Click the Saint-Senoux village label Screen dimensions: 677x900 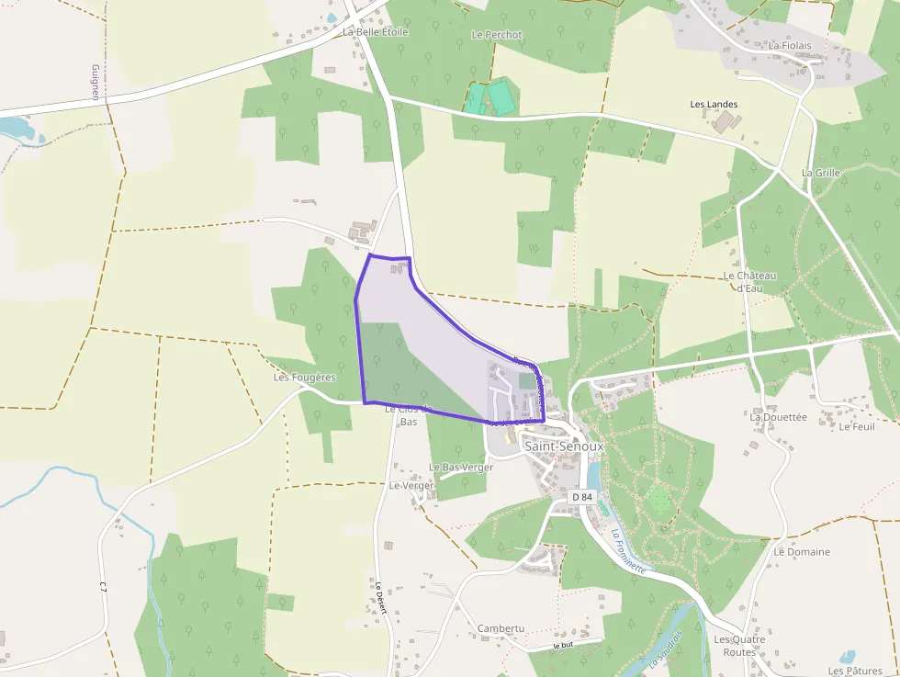(564, 446)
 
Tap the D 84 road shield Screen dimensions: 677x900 (582, 497)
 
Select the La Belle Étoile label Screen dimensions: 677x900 (375, 32)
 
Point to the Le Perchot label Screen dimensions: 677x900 (496, 35)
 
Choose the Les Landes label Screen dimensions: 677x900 (714, 105)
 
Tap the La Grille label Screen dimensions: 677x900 (820, 173)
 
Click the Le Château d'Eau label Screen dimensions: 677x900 (750, 281)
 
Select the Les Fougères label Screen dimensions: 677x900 (304, 378)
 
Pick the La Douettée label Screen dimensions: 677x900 (778, 417)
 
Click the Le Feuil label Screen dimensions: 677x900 (857, 427)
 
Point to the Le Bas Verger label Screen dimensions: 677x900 (461, 468)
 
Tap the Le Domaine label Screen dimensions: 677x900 (801, 552)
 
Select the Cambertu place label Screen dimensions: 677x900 (501, 629)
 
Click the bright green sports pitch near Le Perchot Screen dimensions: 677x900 (501, 97)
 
